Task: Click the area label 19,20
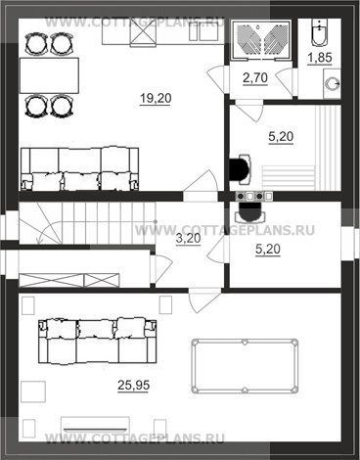pos(156,98)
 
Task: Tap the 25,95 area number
pos(134,386)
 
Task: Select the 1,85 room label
pos(320,58)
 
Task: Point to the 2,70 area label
pos(255,78)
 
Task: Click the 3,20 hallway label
pos(188,239)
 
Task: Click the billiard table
pos(245,366)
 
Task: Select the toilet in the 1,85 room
pos(320,32)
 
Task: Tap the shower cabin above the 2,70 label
pos(261,40)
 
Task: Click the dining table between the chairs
pos(49,75)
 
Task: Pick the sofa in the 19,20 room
pos(79,169)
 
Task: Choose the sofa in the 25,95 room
pos(98,341)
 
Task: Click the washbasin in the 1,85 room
pos(332,83)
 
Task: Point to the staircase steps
pos(87,223)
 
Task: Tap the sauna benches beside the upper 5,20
pos(301,149)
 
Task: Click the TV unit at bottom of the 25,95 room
pos(95,425)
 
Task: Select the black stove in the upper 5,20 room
pos(241,168)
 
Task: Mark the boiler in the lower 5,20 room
pos(250,212)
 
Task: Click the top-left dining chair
pos(36,44)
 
